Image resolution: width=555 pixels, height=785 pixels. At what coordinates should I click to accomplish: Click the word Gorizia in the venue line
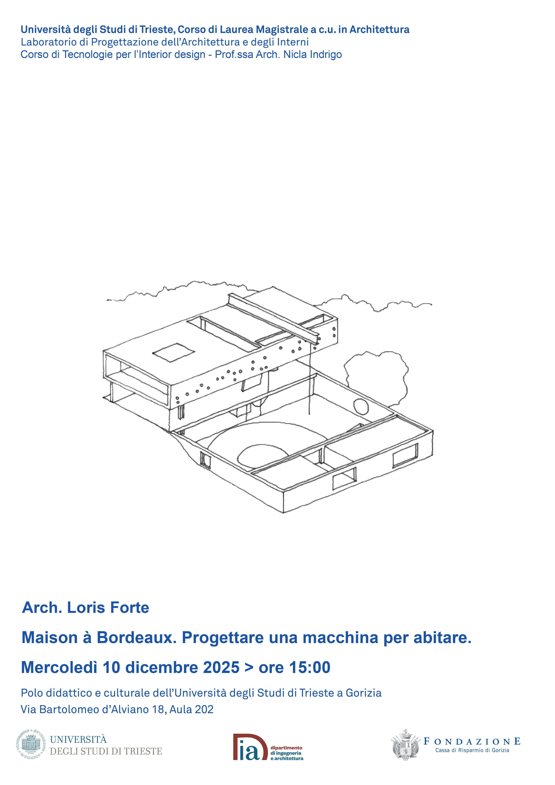click(x=364, y=693)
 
